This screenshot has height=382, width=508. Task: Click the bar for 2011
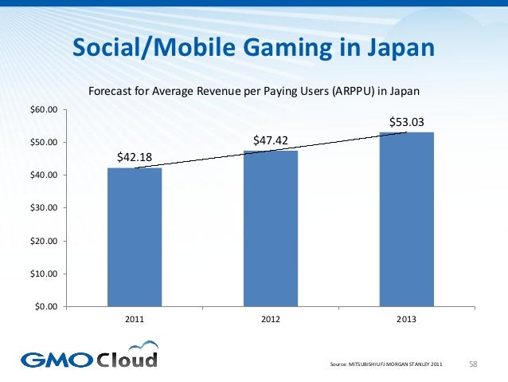pos(135,237)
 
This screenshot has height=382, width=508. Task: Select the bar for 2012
pos(271,228)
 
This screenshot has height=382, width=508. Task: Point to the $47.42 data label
pos(270,140)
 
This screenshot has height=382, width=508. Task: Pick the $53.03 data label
pos(406,121)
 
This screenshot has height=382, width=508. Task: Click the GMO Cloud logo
pos(89,356)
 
